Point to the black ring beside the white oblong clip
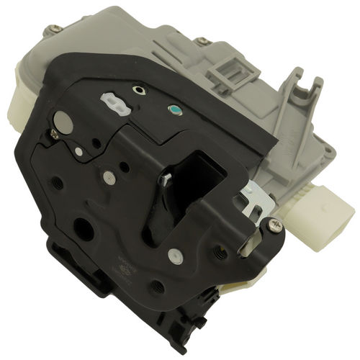click(139, 91)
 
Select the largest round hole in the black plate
click(84, 230)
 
